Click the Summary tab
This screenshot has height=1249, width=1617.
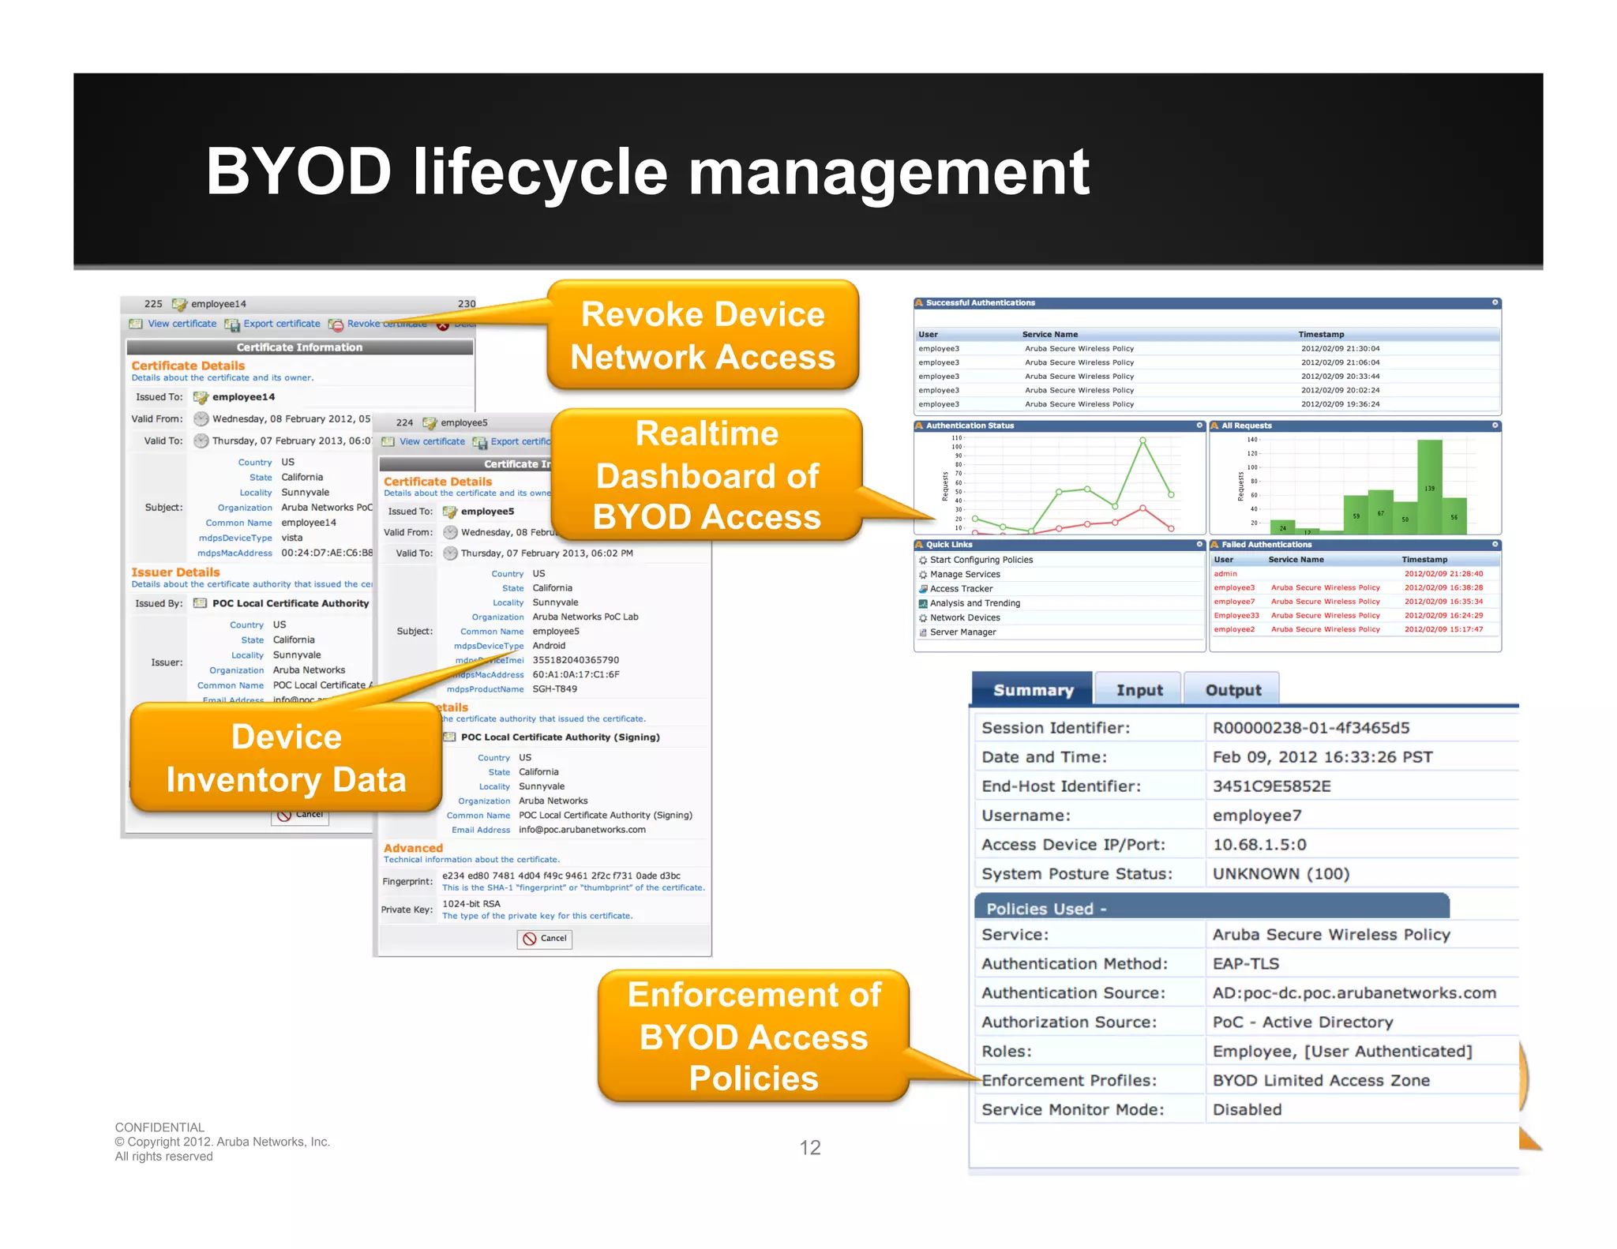coord(1033,690)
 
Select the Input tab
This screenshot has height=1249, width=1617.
coord(1139,690)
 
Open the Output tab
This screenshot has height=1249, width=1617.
coord(1232,690)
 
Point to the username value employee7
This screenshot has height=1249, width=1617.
coord(1256,816)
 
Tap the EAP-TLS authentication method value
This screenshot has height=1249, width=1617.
coord(1245,963)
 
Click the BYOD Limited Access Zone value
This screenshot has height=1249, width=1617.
coord(1320,1080)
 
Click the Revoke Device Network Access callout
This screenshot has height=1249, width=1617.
coord(702,336)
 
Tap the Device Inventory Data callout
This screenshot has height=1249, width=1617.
coord(286,758)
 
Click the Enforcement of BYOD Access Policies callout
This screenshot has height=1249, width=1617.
coord(753,1036)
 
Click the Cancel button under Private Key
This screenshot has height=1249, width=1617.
coord(545,939)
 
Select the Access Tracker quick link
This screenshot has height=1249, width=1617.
coord(961,589)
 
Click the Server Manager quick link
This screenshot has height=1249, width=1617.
coord(962,632)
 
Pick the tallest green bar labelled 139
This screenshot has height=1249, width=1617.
coord(1429,486)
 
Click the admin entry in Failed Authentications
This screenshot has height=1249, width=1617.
coord(1225,574)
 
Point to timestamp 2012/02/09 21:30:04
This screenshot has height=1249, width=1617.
coord(1340,348)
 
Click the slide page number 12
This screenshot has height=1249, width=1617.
coord(809,1147)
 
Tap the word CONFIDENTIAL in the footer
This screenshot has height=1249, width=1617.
coord(159,1127)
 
